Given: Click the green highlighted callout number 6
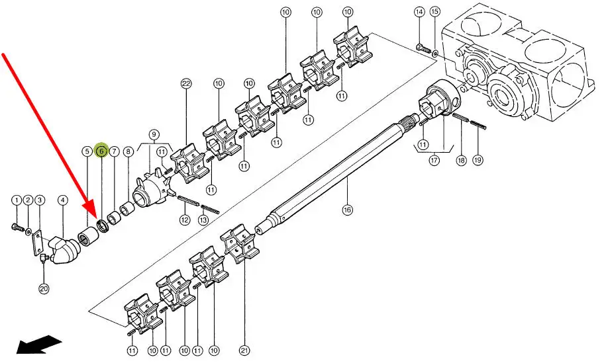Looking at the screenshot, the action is tap(101, 150).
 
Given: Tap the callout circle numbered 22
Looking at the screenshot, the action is tap(186, 83).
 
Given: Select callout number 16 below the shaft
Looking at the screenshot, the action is tap(347, 210).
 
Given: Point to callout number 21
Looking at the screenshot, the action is tap(244, 350).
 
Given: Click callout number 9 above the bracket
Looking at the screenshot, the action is tap(154, 135).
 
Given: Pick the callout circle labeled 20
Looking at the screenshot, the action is tap(44, 288).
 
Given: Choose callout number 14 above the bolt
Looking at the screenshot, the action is tap(419, 12).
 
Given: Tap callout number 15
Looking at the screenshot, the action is tap(435, 12).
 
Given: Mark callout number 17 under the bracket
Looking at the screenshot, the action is tap(434, 159).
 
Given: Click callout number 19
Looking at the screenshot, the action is tap(478, 159).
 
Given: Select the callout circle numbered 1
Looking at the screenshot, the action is tap(17, 200).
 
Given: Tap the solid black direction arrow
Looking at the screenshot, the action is tap(39, 344).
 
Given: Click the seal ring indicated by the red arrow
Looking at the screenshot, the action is tap(102, 226).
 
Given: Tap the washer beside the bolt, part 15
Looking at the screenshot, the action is tap(434, 53).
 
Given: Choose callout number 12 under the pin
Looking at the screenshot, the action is tap(184, 220).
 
